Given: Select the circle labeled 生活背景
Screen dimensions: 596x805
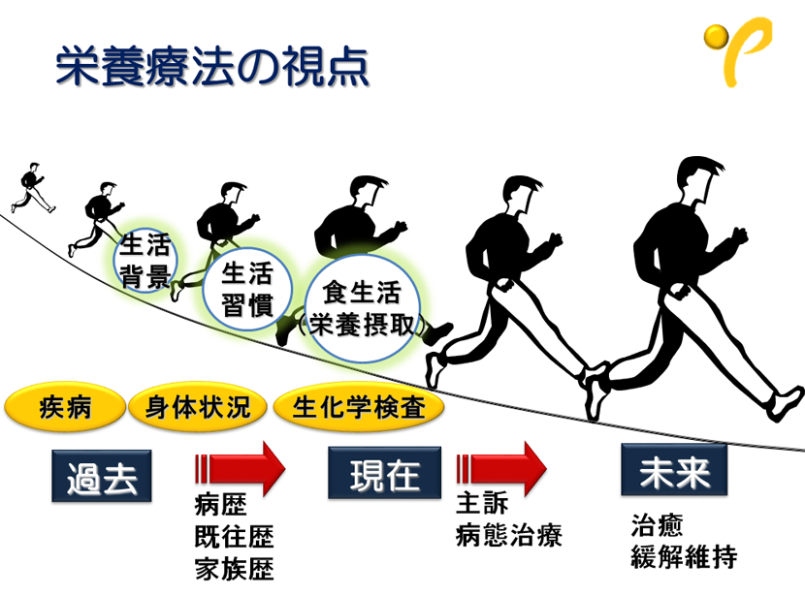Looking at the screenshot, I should click(x=145, y=261).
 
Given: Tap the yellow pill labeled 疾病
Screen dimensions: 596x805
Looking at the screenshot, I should click(x=65, y=406).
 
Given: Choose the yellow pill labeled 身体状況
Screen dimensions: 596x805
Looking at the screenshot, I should click(x=197, y=406).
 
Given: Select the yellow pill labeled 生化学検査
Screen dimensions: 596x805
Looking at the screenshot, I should click(x=358, y=406).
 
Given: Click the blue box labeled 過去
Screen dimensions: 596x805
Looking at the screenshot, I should click(x=101, y=476).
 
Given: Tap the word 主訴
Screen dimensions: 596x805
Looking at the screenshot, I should click(x=482, y=506).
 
